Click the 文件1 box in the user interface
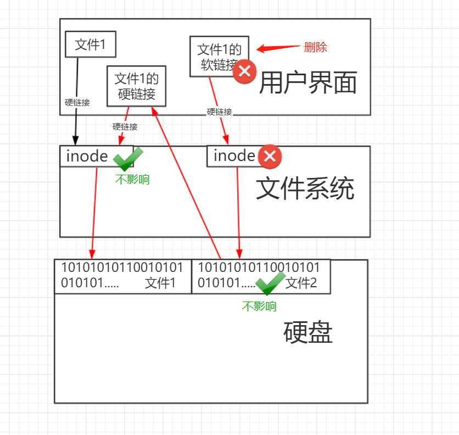coord(90,44)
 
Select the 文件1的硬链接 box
coord(136,86)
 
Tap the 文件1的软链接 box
coord(219,57)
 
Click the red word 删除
coord(315,48)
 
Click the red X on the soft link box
coord(244,71)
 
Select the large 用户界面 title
coord(307,83)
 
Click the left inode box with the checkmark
coord(88,157)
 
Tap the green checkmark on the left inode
coord(127,158)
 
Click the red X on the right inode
coord(270,157)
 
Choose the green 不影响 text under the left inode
coord(132,180)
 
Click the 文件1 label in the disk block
coord(160,283)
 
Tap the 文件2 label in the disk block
coord(301,283)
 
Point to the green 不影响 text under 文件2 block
coord(259,306)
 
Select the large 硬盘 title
coord(308,333)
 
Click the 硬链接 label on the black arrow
coord(77,102)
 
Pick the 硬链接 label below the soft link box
coord(220,112)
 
